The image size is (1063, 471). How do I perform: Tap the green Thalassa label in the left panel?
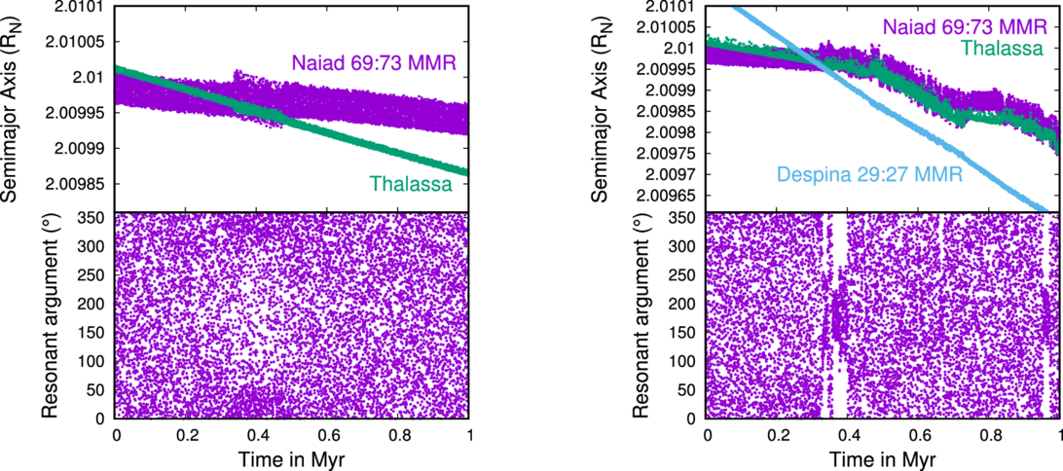[x=411, y=182]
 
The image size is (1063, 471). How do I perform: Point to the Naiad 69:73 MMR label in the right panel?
[x=966, y=27]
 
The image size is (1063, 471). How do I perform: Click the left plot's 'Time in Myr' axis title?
[x=293, y=459]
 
